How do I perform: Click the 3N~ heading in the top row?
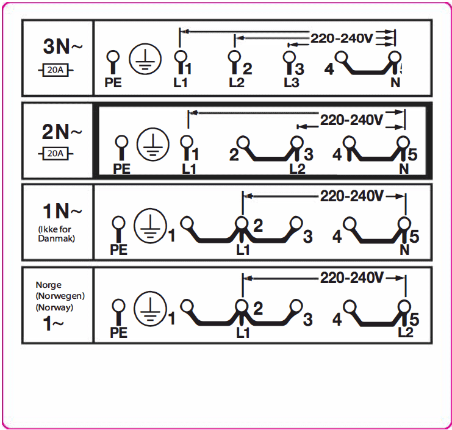[x=63, y=46]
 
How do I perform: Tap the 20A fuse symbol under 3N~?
[x=56, y=70]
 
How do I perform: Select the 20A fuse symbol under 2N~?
[x=56, y=154]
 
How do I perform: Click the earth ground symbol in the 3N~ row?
[x=145, y=59]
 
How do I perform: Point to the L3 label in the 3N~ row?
[x=292, y=83]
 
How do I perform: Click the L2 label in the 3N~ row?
[x=237, y=83]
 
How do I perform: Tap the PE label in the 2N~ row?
[x=121, y=169]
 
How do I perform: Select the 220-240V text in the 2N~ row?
[x=352, y=120]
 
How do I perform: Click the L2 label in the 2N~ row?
[x=297, y=169]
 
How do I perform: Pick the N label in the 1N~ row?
[x=404, y=249]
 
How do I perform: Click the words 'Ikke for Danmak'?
[x=56, y=234]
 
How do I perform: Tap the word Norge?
[x=48, y=285]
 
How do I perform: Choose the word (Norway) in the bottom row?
[x=54, y=307]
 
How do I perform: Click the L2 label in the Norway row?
[x=406, y=332]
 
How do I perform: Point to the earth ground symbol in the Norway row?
[x=150, y=309]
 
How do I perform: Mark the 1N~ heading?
[x=62, y=211]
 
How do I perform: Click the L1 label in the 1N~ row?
[x=243, y=250]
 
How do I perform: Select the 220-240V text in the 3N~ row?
[x=342, y=38]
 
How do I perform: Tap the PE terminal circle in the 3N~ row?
[x=113, y=57]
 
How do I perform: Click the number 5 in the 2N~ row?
[x=412, y=154]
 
